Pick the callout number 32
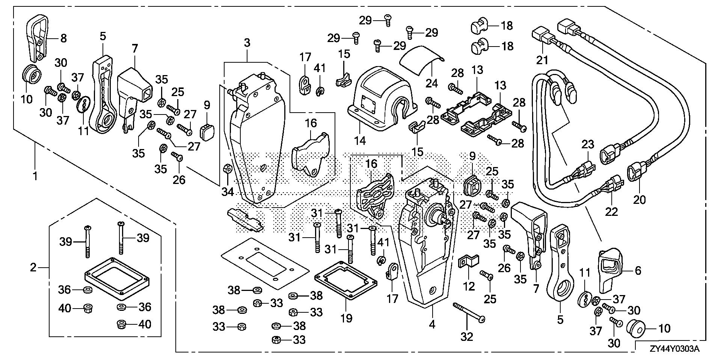coord(467,337)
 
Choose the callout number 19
coord(346,318)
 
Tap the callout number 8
coord(63,38)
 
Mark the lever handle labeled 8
coord(38,36)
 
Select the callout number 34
coord(228,192)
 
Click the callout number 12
coord(469,286)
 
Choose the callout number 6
coord(638,270)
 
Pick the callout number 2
coord(33,268)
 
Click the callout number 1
coord(35,176)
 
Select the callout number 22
coord(611,212)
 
